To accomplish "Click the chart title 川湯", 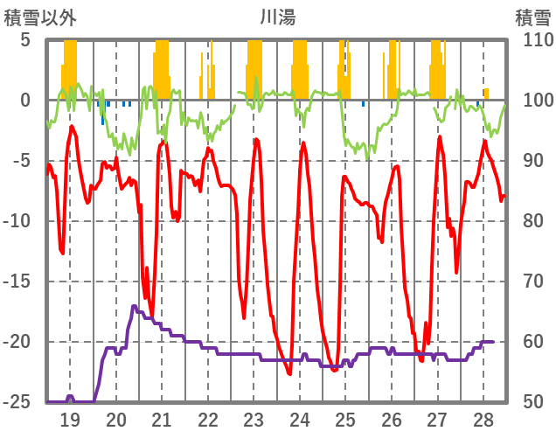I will coord(278,17).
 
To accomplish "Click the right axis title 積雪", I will coord(532,17).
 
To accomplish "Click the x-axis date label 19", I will coord(70,419).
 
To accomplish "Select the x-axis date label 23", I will coord(254,419).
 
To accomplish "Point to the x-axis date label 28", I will coord(483,419).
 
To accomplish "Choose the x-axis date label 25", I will coord(345,419).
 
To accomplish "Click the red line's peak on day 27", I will coord(440,137).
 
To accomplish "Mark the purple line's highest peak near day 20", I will coord(134,306).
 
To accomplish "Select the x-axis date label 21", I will coord(162,419).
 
